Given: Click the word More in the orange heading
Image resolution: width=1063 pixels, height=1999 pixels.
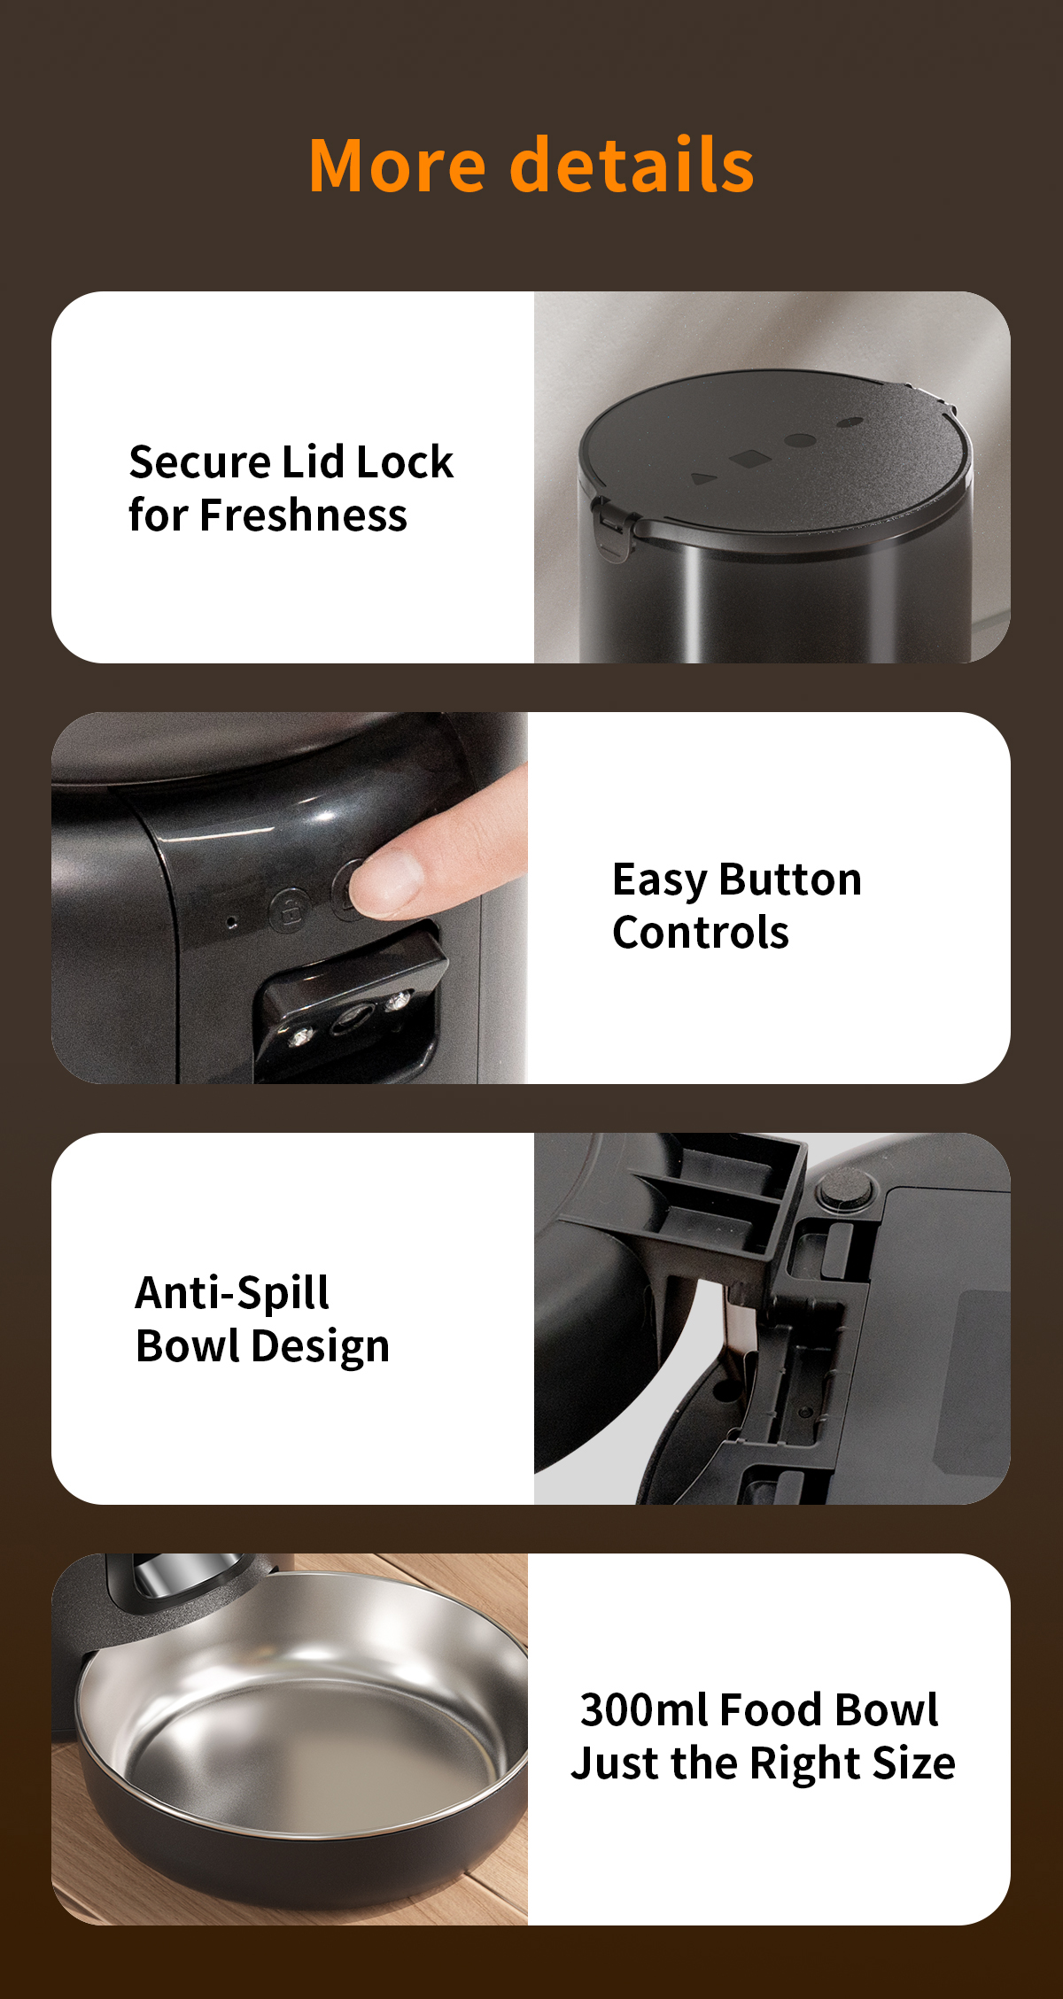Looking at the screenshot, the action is click(398, 166).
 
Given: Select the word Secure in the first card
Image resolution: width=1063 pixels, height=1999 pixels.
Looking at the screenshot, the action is click(199, 462).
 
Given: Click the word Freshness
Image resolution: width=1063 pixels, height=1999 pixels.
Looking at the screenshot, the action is click(304, 515).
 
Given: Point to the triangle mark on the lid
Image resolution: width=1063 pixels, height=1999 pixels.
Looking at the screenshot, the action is click(704, 479).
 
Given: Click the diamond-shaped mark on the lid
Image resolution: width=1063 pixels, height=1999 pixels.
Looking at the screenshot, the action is click(749, 459).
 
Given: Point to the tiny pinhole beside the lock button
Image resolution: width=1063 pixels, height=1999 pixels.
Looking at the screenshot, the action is click(232, 922).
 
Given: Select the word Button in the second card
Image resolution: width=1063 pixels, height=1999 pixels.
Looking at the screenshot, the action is click(790, 880).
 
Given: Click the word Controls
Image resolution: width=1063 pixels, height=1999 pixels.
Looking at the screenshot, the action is click(701, 934).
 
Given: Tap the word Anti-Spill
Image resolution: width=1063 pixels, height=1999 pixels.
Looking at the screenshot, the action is click(232, 1293).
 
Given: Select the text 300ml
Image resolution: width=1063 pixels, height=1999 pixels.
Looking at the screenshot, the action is click(644, 1710).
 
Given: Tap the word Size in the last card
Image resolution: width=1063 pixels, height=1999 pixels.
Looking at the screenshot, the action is click(913, 1763).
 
